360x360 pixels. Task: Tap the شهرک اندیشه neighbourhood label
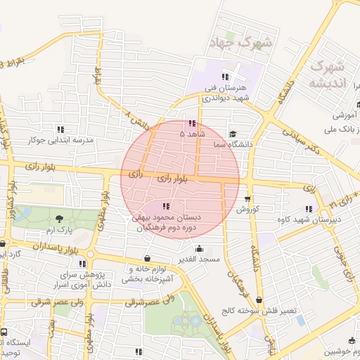(x=328, y=75)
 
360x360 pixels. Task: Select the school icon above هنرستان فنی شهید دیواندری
(x=224, y=77)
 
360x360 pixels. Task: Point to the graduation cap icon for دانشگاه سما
(x=233, y=134)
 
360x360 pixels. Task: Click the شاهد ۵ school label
(x=192, y=133)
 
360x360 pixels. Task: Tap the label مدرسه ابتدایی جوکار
(x=60, y=140)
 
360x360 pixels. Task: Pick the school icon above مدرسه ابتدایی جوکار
(x=61, y=129)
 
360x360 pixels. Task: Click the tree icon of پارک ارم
(x=59, y=219)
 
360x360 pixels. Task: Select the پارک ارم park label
(x=59, y=230)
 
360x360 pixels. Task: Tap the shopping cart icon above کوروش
(x=247, y=199)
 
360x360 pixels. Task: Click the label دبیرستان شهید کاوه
(x=308, y=219)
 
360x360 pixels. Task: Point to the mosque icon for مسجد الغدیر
(x=199, y=248)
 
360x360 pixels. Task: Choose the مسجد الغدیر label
(x=199, y=259)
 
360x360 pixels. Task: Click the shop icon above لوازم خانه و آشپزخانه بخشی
(x=147, y=258)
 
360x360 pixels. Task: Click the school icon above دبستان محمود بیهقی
(x=166, y=207)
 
